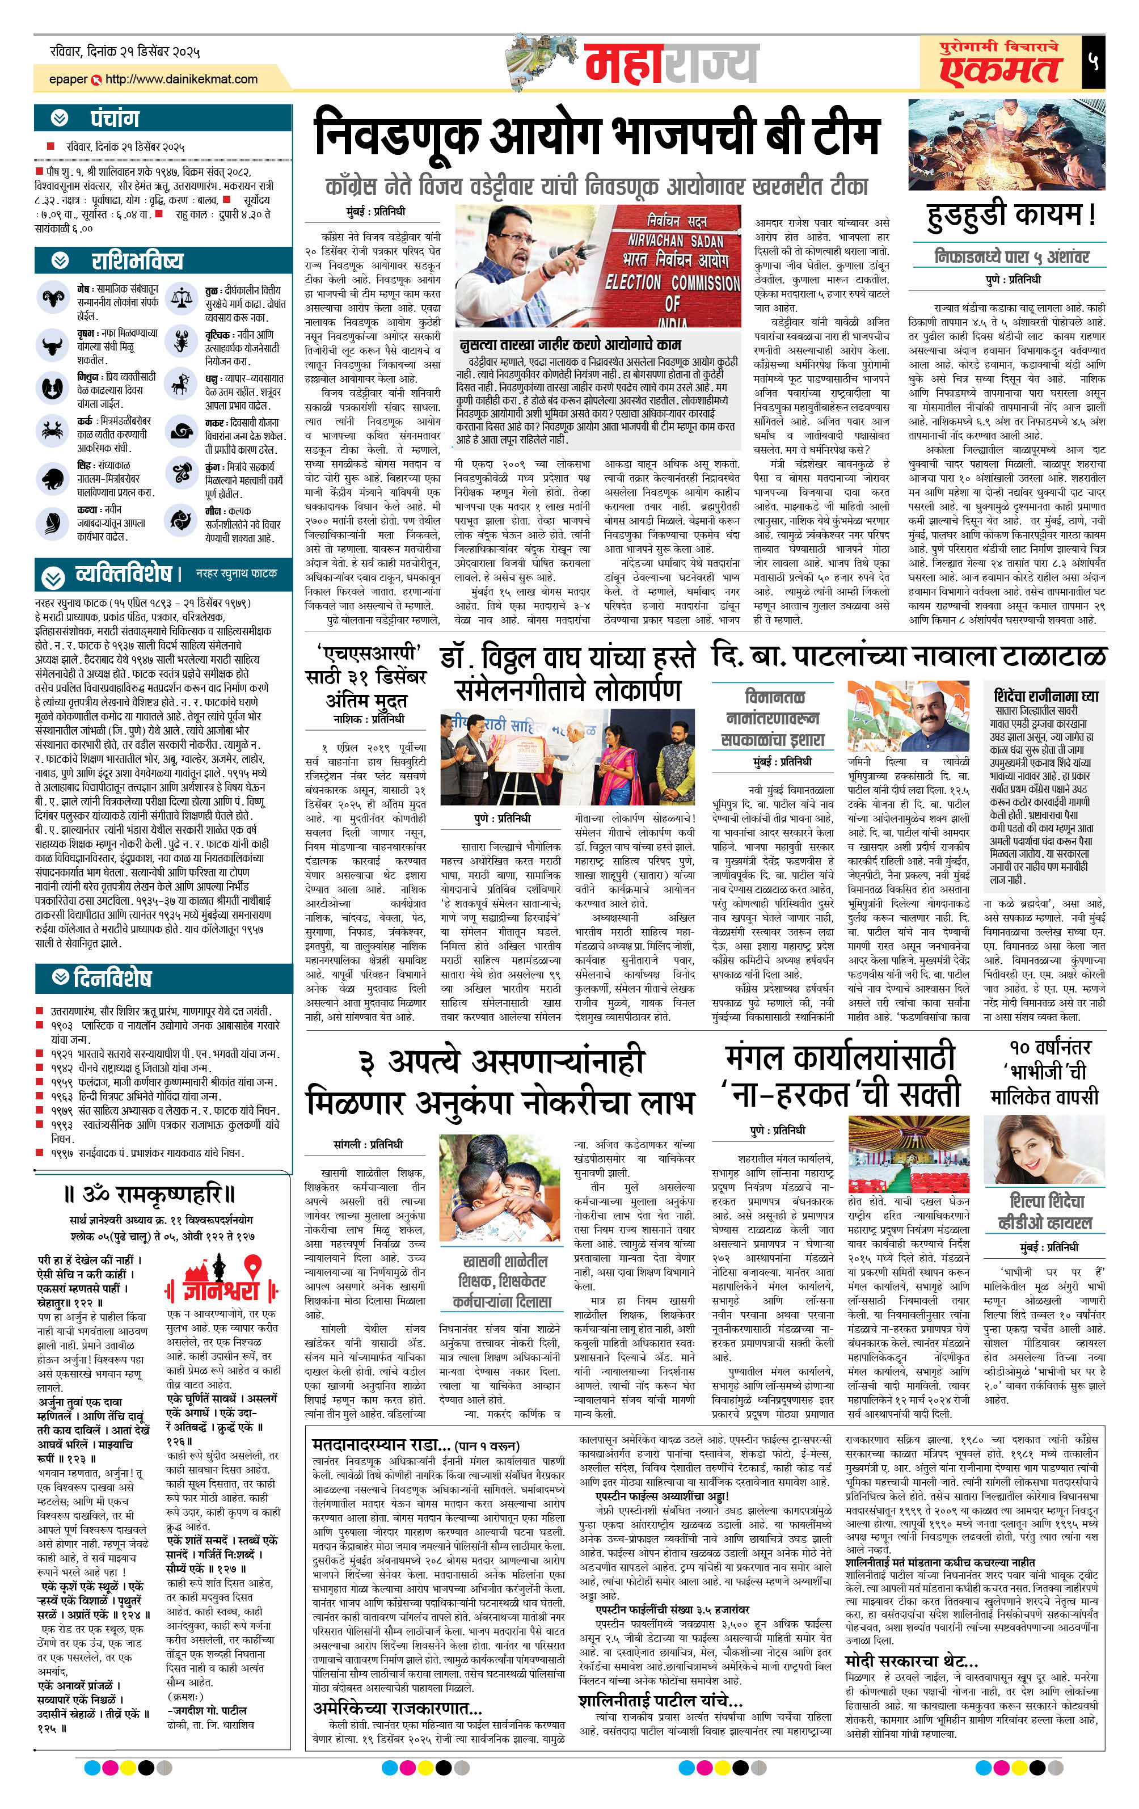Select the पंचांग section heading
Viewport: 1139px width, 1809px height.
tap(114, 119)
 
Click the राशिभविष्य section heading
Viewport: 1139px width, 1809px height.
tap(137, 261)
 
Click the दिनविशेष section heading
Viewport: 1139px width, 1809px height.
tap(112, 977)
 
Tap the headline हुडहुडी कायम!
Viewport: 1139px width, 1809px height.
tap(1011, 215)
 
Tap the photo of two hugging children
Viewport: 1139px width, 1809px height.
tap(502, 1190)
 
